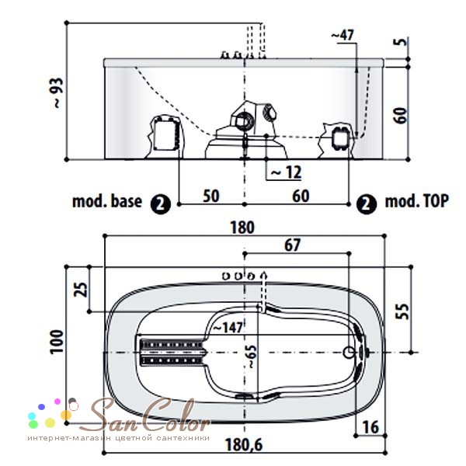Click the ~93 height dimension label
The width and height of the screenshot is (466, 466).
click(x=59, y=92)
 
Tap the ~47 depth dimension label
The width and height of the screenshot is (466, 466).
click(x=343, y=36)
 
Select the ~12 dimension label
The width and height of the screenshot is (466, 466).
click(x=286, y=172)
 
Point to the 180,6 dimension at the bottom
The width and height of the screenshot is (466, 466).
click(x=244, y=445)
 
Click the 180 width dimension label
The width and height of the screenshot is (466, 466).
click(x=242, y=228)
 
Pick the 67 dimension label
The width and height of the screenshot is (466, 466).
click(x=293, y=245)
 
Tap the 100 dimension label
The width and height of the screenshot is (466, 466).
click(x=57, y=342)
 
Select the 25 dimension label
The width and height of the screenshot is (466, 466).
click(x=81, y=290)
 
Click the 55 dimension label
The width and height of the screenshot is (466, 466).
click(x=402, y=311)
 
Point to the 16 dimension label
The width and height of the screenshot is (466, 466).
click(x=371, y=427)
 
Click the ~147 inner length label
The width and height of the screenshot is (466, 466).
click(x=228, y=328)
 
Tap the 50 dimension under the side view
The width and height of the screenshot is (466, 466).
click(x=211, y=196)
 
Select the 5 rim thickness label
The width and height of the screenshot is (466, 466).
click(x=402, y=41)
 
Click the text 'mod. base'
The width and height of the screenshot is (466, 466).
click(x=107, y=201)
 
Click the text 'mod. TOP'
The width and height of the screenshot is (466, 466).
click(x=416, y=201)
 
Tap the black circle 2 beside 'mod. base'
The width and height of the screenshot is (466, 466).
click(x=161, y=204)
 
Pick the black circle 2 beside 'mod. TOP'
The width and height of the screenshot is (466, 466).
click(x=367, y=204)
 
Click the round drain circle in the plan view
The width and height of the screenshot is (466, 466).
click(x=349, y=353)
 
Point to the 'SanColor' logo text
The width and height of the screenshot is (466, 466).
click(x=146, y=415)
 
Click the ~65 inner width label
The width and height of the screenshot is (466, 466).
click(x=251, y=356)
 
